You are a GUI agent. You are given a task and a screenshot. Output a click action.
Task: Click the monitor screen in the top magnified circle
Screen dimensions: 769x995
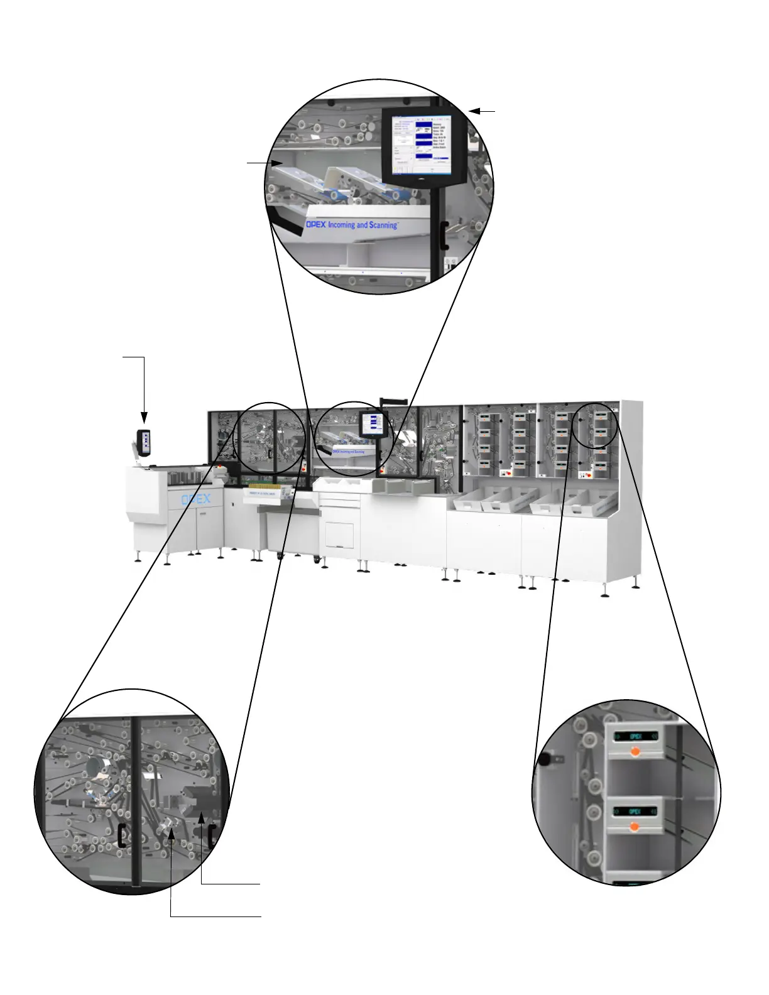click(x=422, y=145)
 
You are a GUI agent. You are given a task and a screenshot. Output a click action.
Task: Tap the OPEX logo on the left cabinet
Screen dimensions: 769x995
click(x=195, y=499)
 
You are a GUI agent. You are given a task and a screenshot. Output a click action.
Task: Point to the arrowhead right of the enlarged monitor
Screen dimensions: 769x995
click(x=474, y=111)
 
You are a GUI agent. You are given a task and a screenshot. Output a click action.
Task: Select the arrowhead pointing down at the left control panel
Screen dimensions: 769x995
click(x=144, y=418)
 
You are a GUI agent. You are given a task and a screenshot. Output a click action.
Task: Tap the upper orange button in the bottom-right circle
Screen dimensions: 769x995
click(x=635, y=751)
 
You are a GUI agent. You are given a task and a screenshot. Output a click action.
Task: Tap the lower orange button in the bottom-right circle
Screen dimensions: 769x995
click(x=635, y=827)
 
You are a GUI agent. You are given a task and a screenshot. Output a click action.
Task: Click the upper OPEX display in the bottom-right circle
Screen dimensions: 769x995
click(x=635, y=736)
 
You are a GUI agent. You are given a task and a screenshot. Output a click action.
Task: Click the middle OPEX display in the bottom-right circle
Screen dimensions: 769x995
click(x=635, y=811)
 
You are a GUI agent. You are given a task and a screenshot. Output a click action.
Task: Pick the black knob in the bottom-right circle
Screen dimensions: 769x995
click(x=543, y=759)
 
